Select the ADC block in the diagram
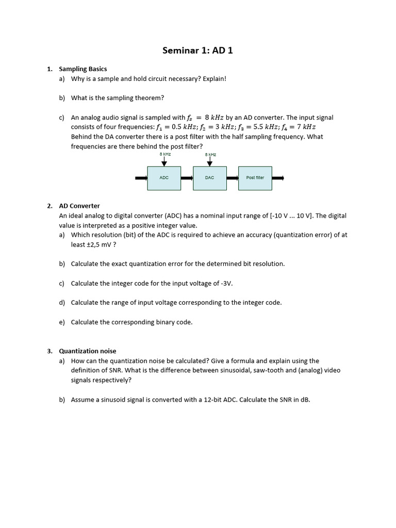pos(164,178)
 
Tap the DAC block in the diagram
pos(209,178)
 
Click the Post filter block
pos(255,178)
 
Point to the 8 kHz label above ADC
pos(165,154)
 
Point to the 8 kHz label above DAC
pos(210,154)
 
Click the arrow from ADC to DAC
pos(187,178)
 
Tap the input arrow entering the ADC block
pos(141,178)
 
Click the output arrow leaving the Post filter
pos(278,178)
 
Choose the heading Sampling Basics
pos(83,69)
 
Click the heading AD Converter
pos(79,206)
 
